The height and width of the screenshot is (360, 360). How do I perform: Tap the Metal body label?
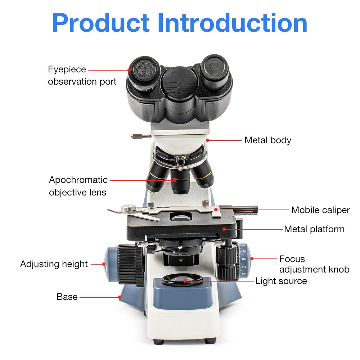click(x=267, y=140)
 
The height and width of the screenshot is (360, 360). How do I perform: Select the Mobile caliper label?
click(x=320, y=210)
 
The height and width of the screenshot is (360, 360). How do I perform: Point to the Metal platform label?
click(x=314, y=229)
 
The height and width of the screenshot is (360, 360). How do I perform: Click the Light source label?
click(x=281, y=281)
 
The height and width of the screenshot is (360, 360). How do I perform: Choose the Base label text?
click(x=67, y=297)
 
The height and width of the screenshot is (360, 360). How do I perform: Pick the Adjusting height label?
click(x=54, y=264)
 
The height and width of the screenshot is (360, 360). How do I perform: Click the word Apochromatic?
click(x=78, y=180)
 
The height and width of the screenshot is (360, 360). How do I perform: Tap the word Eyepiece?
click(x=67, y=69)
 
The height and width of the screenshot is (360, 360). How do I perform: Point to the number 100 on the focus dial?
click(x=244, y=259)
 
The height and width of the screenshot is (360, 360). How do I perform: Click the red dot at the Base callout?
click(x=120, y=297)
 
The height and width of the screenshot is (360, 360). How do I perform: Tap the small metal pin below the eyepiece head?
click(x=141, y=136)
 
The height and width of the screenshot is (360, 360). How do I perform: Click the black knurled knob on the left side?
click(x=130, y=265)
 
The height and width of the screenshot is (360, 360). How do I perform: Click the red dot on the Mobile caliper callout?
click(x=216, y=209)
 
